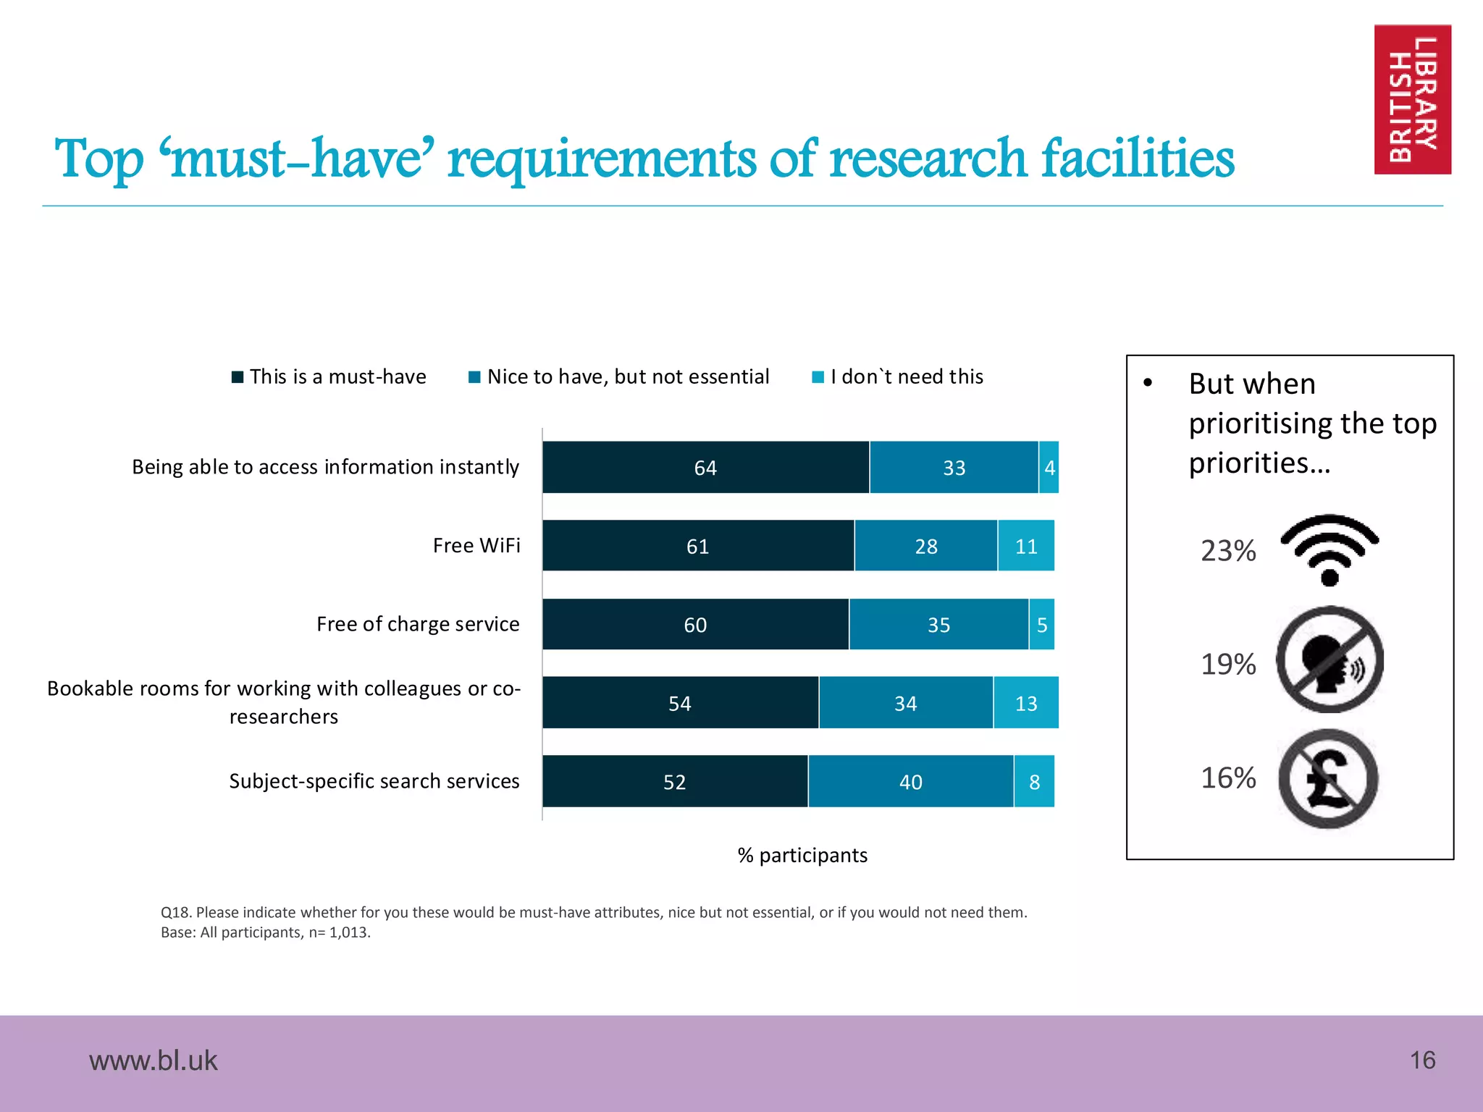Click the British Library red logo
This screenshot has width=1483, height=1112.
tap(1412, 99)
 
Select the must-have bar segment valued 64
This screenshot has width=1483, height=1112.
tap(705, 468)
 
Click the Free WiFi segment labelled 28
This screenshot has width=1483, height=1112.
tap(925, 546)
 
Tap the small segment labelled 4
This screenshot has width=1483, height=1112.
tap(1049, 468)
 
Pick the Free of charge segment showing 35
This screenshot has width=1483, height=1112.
tap(938, 625)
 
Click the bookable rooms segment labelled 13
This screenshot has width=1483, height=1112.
tap(1025, 703)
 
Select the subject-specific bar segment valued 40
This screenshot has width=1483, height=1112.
tap(910, 782)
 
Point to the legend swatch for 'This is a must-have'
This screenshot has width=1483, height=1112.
tap(238, 377)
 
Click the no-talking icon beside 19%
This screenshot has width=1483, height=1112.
tap(1329, 660)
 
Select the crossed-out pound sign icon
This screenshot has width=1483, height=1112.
tap(1328, 779)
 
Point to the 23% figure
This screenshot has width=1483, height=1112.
tap(1228, 551)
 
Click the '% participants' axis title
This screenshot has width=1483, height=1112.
tap(802, 856)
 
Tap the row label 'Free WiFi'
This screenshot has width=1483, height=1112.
tap(476, 546)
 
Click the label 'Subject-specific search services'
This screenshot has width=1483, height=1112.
tap(374, 781)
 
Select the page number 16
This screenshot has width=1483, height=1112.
tap(1422, 1061)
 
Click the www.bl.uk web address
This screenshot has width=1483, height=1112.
tap(153, 1061)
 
